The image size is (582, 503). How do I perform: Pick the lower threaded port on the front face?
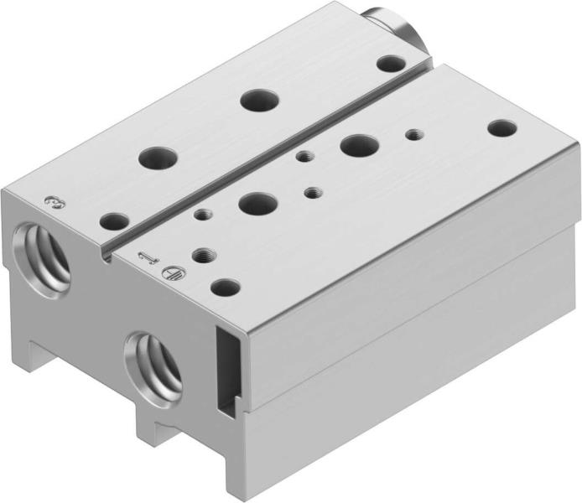coord(156,363)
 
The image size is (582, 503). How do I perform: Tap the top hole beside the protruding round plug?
coord(388,63)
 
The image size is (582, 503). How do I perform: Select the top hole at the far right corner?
coord(501,129)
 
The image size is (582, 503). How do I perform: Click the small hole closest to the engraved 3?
coord(114,222)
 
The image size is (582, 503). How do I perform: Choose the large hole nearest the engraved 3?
coord(158,157)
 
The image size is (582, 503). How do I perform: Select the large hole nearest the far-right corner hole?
coord(359,145)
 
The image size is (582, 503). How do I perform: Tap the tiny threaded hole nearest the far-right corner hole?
coord(412,133)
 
